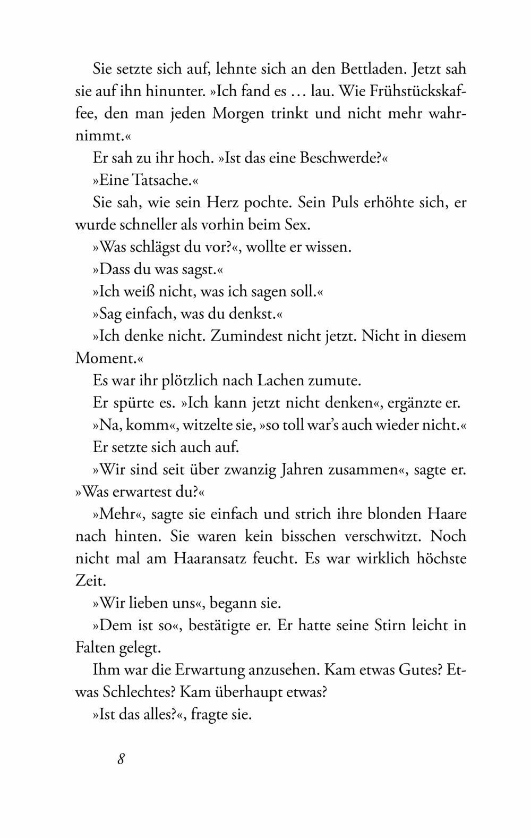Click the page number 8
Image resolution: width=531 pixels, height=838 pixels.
pos(121,758)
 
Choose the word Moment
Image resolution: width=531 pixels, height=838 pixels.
pos(105,359)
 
